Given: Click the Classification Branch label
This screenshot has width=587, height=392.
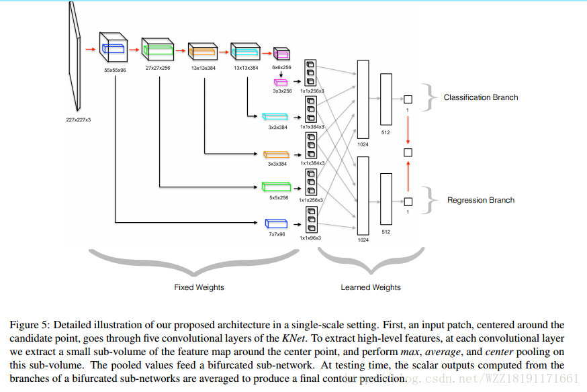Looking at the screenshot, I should [480, 97].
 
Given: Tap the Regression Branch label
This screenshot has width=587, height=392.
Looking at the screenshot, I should [480, 200].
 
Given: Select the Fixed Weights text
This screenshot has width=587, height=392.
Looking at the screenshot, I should [199, 287].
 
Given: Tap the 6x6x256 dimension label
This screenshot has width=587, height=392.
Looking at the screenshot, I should [281, 68].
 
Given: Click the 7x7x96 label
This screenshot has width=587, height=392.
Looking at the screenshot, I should [276, 234].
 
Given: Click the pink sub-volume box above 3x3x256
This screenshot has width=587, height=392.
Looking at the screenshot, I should [280, 82].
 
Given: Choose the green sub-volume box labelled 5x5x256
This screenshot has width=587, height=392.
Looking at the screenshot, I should [276, 187].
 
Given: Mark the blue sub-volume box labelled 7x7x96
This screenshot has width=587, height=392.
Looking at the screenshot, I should [275, 223].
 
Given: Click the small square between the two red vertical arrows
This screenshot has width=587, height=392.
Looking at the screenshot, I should [408, 152].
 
